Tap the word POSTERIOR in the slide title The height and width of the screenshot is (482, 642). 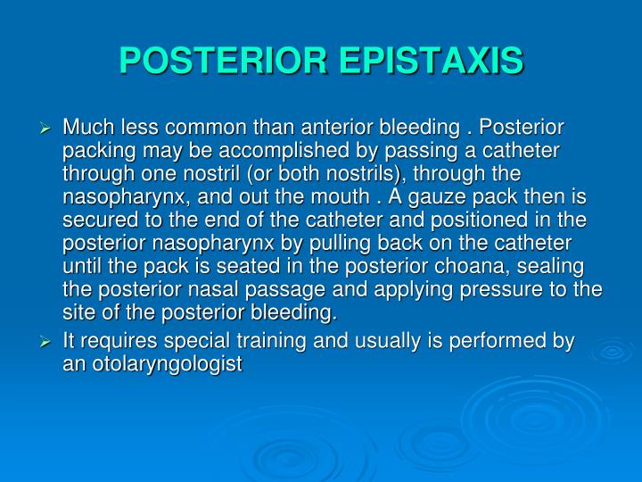point(222,62)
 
